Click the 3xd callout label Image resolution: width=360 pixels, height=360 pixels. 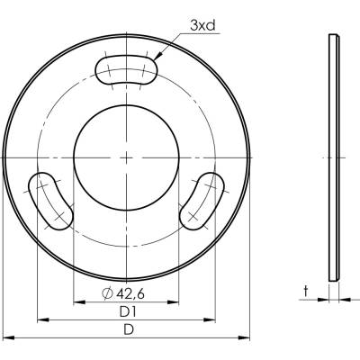(202, 26)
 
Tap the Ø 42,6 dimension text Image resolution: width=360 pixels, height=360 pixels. (123, 293)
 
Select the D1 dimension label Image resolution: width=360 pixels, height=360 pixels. (128, 312)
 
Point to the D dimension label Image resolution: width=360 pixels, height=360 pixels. (129, 330)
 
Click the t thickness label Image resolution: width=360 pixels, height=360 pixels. (306, 291)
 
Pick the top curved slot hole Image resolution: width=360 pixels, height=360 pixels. (126, 69)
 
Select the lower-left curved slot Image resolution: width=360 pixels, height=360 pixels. (51, 201)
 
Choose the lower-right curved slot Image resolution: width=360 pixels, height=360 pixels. (202, 201)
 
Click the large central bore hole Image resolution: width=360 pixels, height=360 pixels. (126, 157)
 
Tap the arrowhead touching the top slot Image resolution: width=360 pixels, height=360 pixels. (158, 57)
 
